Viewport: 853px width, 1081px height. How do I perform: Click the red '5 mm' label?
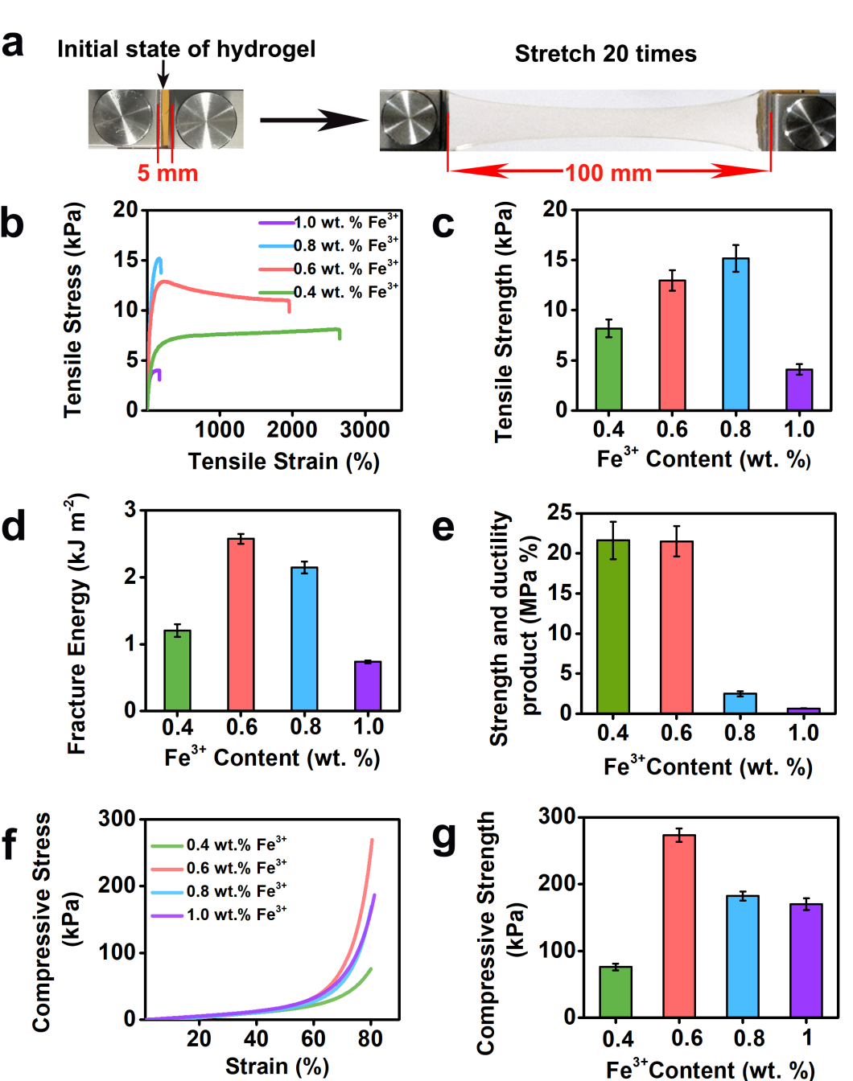coord(167,173)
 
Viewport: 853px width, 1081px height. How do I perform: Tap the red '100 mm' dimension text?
coord(608,173)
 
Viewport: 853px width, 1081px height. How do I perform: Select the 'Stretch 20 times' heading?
coord(605,54)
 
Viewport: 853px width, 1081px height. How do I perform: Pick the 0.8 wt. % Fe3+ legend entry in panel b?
coord(328,245)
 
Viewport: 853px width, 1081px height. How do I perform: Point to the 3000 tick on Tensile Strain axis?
coord(365,430)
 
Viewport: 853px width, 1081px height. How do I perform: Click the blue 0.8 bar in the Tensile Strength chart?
coord(736,334)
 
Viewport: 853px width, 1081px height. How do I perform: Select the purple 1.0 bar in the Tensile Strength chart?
coord(799,389)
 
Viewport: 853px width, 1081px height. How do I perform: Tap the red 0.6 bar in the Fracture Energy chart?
coord(241,624)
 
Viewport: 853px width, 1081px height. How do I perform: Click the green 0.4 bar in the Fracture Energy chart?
coord(177,670)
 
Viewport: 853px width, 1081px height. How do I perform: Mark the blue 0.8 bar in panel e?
coord(740,703)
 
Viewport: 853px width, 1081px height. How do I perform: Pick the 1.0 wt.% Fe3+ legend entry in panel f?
coord(219,915)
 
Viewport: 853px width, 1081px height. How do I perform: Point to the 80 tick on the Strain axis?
coord(370,1038)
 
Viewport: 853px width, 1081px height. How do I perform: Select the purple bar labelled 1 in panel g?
coord(806,960)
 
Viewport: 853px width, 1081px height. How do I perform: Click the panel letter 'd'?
coord(14,527)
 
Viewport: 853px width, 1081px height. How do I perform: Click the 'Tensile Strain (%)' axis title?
coord(283,462)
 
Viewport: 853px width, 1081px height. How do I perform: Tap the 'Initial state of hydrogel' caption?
coord(186,49)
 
